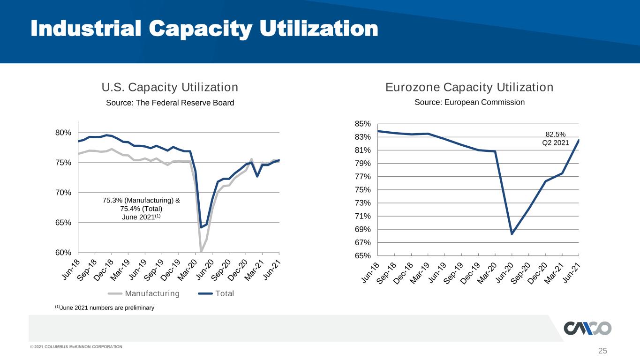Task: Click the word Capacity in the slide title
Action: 200,29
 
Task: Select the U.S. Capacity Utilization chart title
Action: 170,87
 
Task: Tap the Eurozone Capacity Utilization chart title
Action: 469,87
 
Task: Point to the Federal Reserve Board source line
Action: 170,103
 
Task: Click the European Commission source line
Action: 470,102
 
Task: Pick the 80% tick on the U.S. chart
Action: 63,133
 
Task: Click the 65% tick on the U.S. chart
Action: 63,223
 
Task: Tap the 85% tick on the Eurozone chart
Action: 362,124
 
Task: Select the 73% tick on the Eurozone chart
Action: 362,203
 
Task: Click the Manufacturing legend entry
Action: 144,293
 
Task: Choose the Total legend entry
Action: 216,293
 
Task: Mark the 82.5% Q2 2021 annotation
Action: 556,139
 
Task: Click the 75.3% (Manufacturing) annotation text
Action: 141,200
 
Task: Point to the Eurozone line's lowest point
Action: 512,234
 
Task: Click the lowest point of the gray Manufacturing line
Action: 201,251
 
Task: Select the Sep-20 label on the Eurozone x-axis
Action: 520,273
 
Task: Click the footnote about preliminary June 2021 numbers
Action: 105,307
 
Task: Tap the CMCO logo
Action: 587,328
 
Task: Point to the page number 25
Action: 602,351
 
